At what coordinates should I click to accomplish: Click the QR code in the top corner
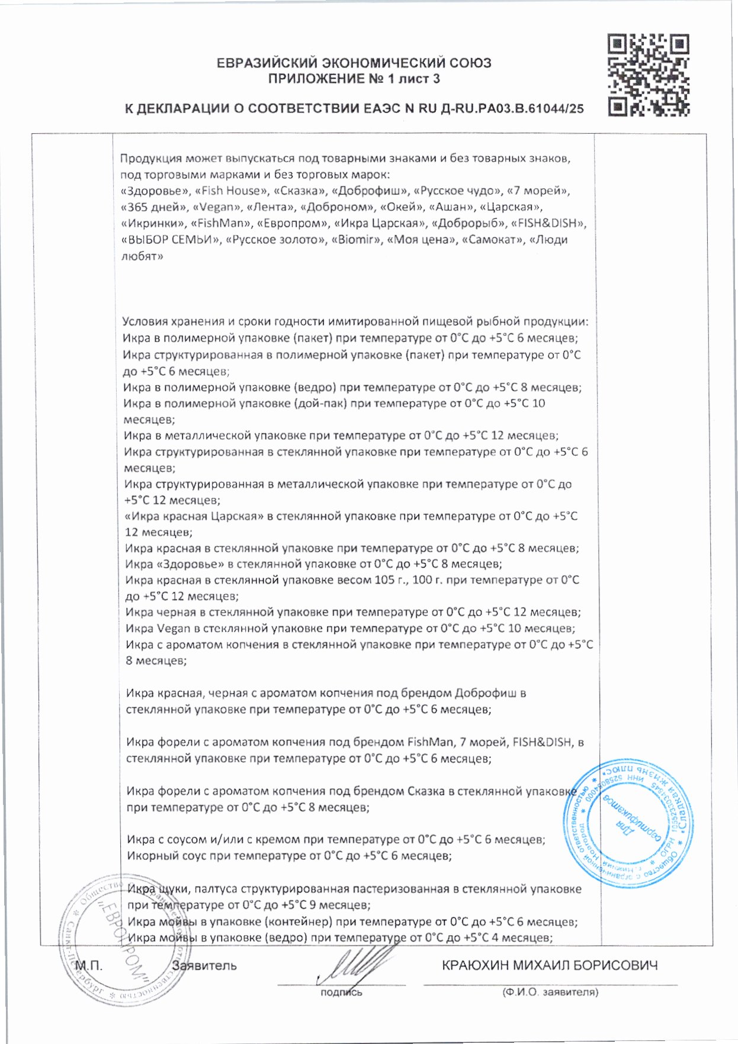coord(649,75)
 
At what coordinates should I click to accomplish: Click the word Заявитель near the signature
coord(204,966)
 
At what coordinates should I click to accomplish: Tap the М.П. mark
coord(89,966)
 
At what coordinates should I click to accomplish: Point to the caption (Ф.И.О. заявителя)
coord(550,992)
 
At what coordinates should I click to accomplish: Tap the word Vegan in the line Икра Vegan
coord(174,629)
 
